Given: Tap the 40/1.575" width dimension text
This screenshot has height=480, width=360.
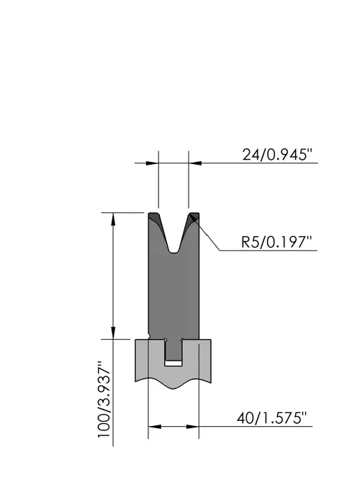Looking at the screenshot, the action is point(271,418).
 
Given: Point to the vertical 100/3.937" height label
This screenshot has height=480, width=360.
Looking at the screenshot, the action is point(104,400).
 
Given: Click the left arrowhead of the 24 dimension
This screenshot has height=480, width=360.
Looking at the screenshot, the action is point(152,163).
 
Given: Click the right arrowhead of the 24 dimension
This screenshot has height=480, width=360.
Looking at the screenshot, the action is point(195,163).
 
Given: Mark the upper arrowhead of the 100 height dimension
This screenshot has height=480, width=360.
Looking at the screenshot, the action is point(113,219).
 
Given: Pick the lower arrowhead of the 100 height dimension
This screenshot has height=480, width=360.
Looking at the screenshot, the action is point(113,332).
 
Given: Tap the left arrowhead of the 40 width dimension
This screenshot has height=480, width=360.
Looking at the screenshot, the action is point(155,427).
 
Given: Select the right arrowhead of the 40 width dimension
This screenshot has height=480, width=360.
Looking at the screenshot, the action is point(193,427).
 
